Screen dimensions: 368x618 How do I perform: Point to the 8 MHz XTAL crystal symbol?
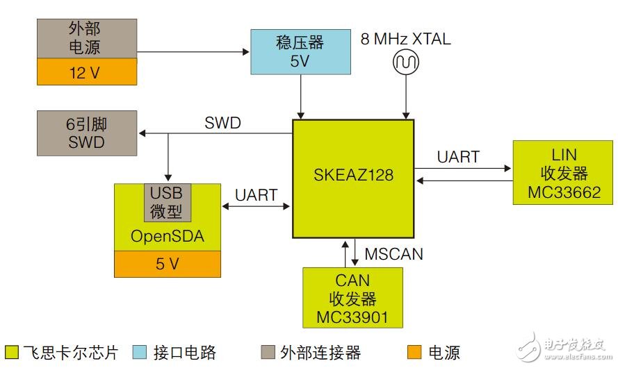click(405, 63)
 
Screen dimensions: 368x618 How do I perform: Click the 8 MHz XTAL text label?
click(405, 39)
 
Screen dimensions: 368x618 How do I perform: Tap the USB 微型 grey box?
click(167, 201)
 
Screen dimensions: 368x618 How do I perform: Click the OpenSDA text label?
click(167, 236)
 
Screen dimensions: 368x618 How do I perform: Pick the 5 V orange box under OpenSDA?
click(167, 263)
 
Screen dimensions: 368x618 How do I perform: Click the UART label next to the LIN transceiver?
click(458, 157)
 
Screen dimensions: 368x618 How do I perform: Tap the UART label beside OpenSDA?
click(257, 196)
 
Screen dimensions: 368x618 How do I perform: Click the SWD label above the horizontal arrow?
click(222, 124)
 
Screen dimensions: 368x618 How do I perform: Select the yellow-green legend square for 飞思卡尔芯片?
click(12, 352)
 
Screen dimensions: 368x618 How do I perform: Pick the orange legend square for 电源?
click(414, 352)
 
